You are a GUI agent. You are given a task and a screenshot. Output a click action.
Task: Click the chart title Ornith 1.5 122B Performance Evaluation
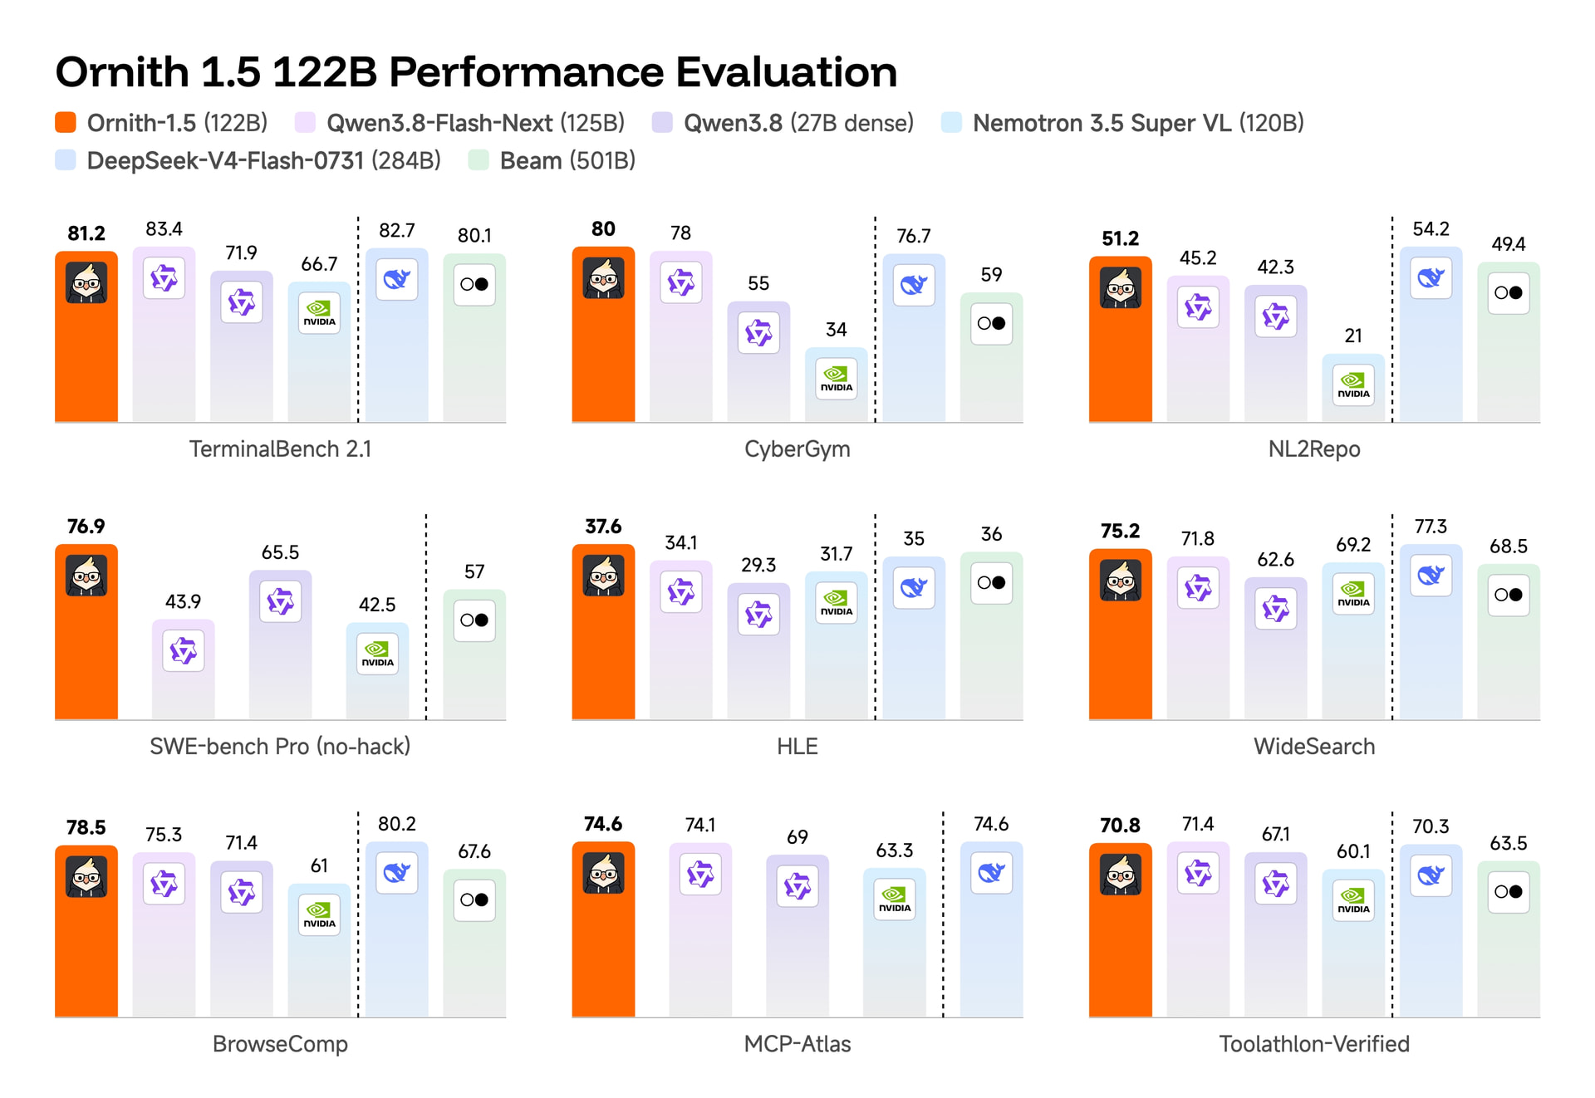476,72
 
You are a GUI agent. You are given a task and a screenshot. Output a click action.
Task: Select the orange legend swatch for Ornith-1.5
66,123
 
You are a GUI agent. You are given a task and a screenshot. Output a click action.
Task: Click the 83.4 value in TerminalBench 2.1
164,228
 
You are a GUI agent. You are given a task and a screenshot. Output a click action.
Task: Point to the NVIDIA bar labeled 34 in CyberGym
836,385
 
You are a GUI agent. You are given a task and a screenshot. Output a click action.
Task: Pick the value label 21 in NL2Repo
1353,336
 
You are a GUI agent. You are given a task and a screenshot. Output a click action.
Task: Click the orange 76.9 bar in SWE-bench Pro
86,632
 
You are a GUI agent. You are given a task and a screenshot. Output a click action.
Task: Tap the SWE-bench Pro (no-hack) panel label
280,746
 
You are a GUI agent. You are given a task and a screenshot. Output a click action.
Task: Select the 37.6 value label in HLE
603,527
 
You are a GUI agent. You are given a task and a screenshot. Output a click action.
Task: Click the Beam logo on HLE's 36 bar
991,582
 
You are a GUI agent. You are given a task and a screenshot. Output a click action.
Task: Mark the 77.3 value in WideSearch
1431,527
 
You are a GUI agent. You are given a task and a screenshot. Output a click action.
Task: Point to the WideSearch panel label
1314,746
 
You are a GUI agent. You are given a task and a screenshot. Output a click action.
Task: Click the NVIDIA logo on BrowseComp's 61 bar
319,915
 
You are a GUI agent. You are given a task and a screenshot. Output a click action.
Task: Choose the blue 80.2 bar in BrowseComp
397,929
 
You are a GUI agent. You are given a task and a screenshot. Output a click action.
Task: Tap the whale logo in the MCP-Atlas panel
991,873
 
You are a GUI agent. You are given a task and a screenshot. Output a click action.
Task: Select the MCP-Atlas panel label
797,1044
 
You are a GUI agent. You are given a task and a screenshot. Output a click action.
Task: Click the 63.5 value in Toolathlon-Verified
1509,844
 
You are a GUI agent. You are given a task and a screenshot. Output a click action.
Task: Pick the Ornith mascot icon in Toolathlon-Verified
1121,875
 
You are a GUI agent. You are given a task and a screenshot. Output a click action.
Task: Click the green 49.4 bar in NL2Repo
1509,342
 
